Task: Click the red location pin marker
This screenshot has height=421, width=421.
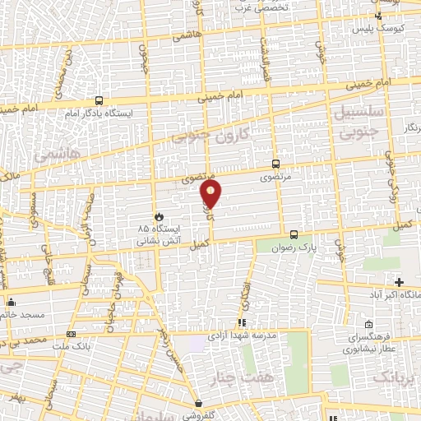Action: point(211,194)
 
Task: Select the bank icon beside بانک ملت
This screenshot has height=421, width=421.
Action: point(71,335)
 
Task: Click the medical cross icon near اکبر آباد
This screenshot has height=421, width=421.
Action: point(399,282)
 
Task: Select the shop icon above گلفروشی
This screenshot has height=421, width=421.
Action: point(199,404)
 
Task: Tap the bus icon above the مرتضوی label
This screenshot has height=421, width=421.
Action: point(275,164)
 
